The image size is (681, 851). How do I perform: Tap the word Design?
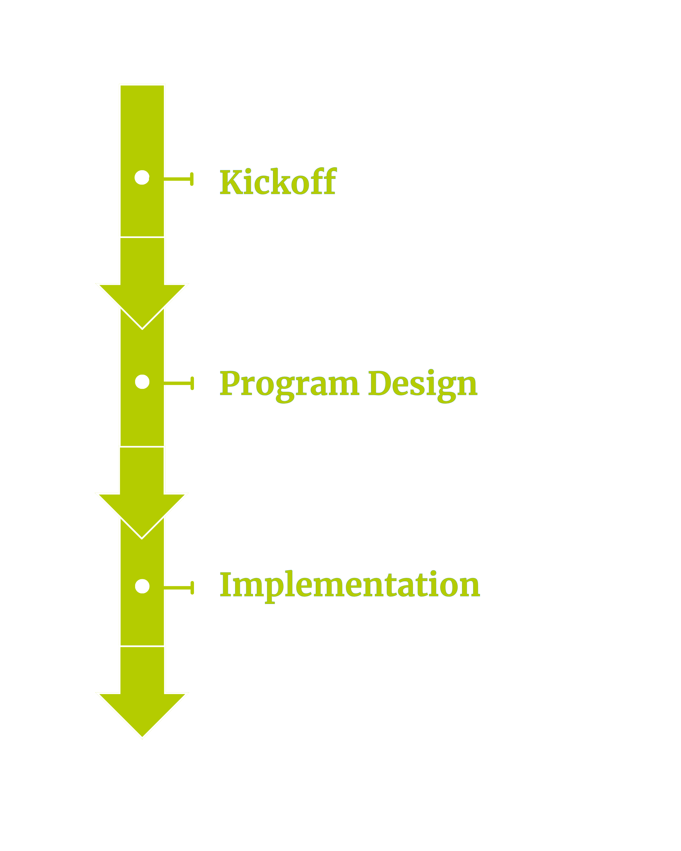click(422, 384)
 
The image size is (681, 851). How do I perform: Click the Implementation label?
click(349, 585)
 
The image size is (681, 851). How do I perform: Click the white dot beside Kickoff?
click(142, 178)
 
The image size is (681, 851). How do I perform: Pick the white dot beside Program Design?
click(142, 382)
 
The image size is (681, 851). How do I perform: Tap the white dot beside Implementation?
click(142, 586)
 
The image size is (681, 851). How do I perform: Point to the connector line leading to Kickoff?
click(178, 179)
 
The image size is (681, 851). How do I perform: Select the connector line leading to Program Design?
click(178, 383)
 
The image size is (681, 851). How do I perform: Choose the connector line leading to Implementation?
click(178, 588)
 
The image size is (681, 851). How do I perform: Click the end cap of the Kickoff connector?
click(192, 179)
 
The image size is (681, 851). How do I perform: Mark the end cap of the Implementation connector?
click(192, 588)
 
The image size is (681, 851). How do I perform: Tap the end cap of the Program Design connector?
click(192, 383)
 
